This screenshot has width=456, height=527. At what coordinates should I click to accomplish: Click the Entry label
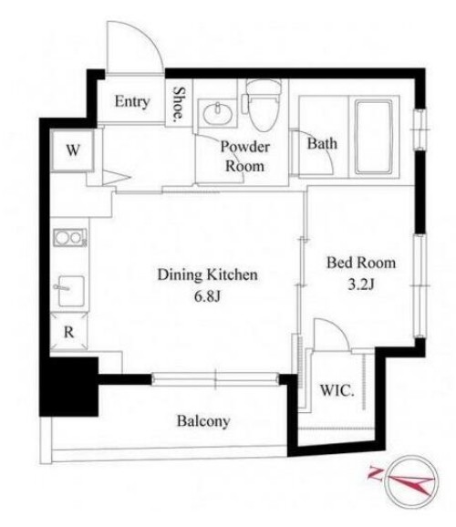click(x=132, y=101)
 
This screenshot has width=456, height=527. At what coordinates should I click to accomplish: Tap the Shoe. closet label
click(x=179, y=104)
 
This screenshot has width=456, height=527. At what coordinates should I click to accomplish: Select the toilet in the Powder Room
click(x=263, y=105)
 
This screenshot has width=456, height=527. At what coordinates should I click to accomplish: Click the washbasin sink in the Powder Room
click(x=218, y=113)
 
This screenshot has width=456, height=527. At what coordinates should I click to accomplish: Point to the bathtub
click(x=374, y=137)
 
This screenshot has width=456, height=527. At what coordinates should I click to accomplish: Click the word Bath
click(x=322, y=144)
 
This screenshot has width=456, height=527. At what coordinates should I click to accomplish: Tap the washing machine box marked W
click(x=72, y=150)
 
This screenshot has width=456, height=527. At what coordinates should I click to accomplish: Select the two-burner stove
click(x=70, y=238)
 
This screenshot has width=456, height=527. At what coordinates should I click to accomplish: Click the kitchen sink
click(x=70, y=291)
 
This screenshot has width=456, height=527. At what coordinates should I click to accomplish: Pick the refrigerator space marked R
click(x=69, y=332)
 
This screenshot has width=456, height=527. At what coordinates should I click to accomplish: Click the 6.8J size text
click(x=208, y=296)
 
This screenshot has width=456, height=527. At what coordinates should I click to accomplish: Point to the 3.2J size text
click(x=361, y=284)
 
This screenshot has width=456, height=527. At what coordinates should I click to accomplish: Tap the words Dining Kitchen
click(x=208, y=274)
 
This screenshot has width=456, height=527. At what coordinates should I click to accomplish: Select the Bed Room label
click(x=361, y=263)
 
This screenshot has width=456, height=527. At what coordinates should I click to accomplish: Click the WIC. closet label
click(x=337, y=391)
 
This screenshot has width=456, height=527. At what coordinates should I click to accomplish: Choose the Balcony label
click(x=203, y=421)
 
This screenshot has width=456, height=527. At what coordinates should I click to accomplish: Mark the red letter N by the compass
click(x=375, y=473)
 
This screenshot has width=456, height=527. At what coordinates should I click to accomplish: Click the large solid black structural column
click(x=69, y=387)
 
